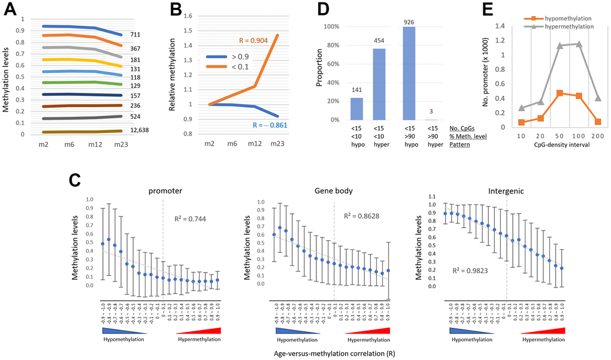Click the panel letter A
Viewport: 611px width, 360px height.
point(10,10)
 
